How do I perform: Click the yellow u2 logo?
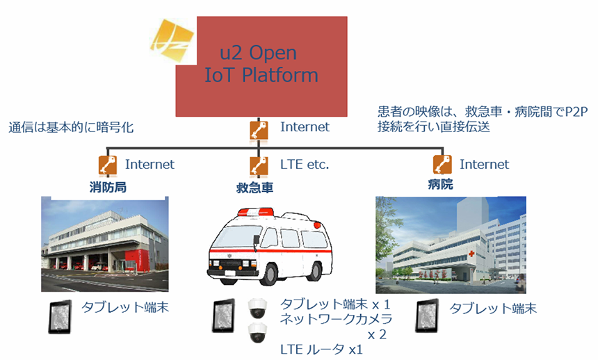click(172, 39)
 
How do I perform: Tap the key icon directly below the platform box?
click(259, 131)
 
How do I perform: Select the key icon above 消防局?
click(108, 165)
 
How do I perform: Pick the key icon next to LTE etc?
click(259, 166)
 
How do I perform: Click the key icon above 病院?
click(442, 165)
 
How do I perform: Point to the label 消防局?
click(108, 187)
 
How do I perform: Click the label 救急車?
click(254, 188)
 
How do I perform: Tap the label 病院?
click(440, 184)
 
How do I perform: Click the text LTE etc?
click(305, 165)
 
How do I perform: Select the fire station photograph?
click(105, 244)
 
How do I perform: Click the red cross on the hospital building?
click(471, 254)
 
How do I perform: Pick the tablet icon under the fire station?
click(60, 317)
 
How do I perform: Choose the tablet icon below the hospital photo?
click(427, 316)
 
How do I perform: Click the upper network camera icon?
click(257, 308)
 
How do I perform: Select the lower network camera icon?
click(257, 333)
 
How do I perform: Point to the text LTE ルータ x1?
click(321, 349)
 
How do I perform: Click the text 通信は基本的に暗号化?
click(72, 127)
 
